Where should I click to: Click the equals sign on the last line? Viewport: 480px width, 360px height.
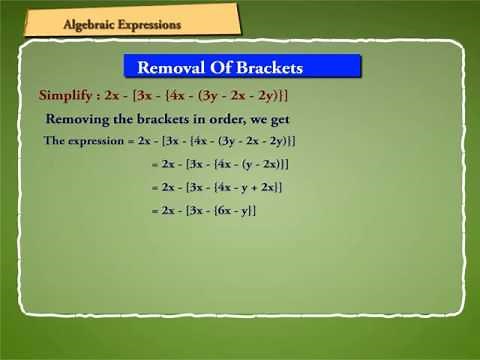click(x=153, y=210)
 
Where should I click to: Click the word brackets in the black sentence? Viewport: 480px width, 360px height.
click(x=165, y=118)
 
